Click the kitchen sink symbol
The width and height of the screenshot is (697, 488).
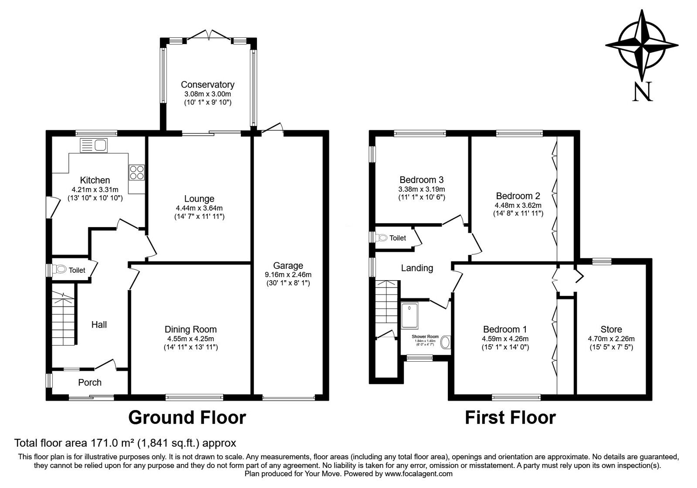(x=94, y=146)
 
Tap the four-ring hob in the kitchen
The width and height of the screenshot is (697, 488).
(x=137, y=172)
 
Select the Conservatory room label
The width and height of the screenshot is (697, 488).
(x=207, y=85)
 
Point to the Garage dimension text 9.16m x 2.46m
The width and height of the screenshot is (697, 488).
(x=288, y=274)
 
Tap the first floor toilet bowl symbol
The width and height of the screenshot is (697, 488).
(x=381, y=238)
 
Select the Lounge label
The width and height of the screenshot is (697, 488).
(x=199, y=199)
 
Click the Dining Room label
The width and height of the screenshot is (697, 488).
(x=191, y=329)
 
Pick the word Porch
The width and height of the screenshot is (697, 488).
(x=90, y=382)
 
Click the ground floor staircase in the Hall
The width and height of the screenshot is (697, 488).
(x=64, y=319)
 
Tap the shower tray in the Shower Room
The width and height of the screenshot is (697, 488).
(x=409, y=315)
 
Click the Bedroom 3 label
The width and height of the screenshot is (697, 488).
(x=422, y=180)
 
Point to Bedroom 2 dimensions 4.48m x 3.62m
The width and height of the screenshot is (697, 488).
(x=518, y=205)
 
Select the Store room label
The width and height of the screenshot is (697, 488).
(x=612, y=329)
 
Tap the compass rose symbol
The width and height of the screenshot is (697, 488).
(x=642, y=45)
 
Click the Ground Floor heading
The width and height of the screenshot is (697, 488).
(x=187, y=417)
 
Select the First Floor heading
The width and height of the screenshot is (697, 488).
(x=510, y=417)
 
